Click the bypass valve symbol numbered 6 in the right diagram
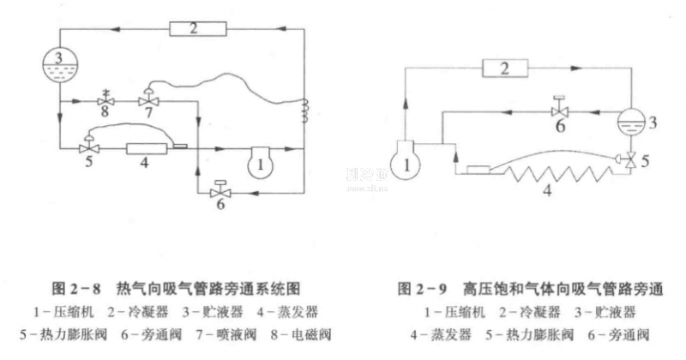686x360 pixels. click(x=559, y=111)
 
